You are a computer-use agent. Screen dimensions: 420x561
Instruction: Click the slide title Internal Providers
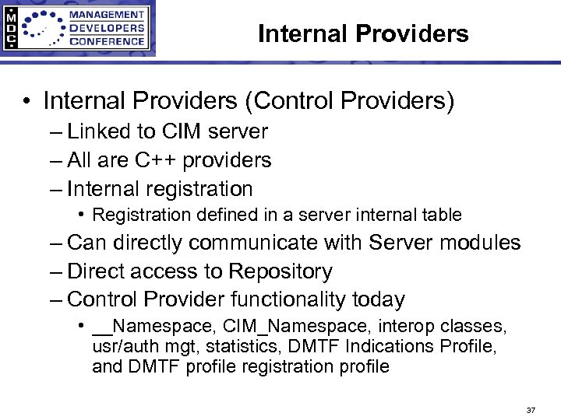[363, 33]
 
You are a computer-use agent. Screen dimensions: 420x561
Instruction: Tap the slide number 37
[531, 410]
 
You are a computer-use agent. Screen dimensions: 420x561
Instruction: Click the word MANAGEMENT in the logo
[108, 15]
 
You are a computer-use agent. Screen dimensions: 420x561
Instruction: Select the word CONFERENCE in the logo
[108, 41]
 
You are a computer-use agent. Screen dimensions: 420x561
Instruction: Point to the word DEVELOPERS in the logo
[108, 28]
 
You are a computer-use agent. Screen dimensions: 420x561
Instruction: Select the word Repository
[280, 271]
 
